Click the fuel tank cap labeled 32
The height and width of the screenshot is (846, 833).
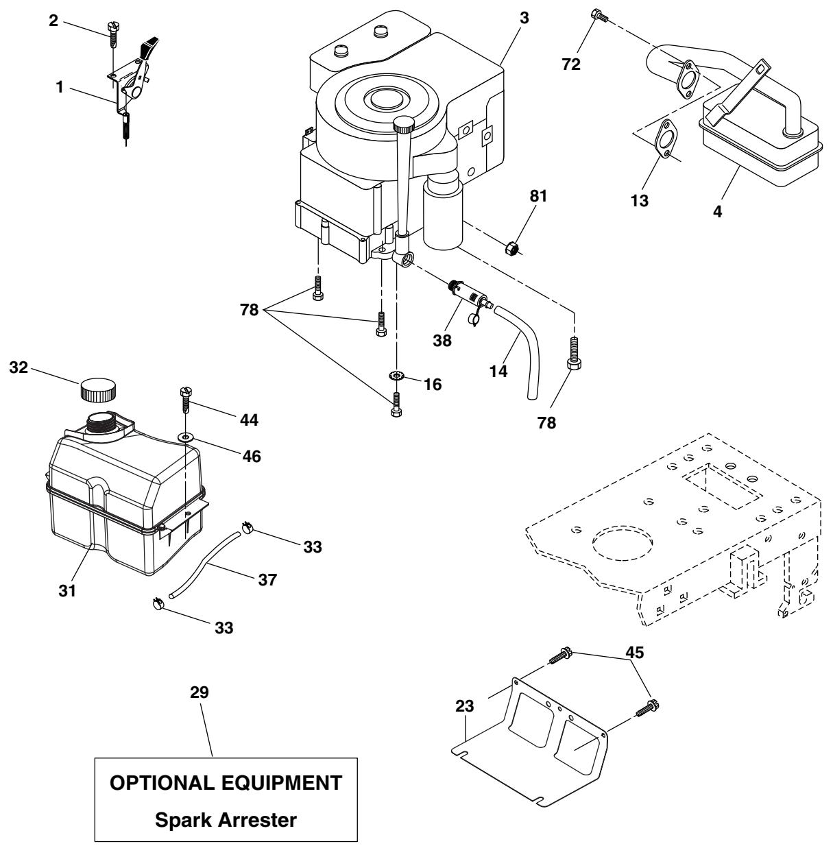(x=98, y=389)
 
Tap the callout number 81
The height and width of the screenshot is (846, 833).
(x=538, y=196)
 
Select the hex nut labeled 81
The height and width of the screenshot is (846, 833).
(x=512, y=248)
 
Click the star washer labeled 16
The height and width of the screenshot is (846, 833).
(x=396, y=376)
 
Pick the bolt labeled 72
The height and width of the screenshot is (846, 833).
(x=599, y=15)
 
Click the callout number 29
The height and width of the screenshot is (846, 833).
(x=199, y=692)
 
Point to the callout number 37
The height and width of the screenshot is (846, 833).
(x=267, y=579)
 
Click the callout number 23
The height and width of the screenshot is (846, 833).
(x=465, y=706)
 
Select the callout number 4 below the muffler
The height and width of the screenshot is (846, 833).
(x=717, y=212)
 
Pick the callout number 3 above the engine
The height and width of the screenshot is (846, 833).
(x=524, y=18)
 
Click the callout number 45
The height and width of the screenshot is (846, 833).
(x=635, y=653)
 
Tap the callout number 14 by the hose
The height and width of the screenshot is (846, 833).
(x=498, y=372)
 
